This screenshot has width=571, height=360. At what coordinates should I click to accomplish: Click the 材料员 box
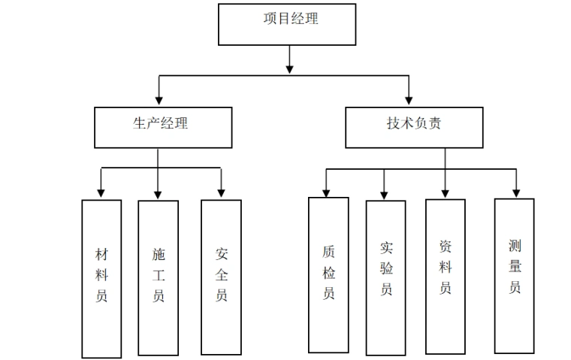(101, 278)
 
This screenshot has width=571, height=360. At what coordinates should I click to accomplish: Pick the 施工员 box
(159, 277)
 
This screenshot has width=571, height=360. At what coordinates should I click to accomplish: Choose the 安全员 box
(221, 277)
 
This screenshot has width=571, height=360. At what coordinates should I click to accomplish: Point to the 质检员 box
(328, 274)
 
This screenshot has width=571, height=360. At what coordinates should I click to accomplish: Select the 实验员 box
(385, 277)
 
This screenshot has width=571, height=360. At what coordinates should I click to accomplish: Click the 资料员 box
(445, 277)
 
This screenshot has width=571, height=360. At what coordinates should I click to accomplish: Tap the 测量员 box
(514, 275)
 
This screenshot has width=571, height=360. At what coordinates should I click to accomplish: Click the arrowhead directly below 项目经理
(289, 69)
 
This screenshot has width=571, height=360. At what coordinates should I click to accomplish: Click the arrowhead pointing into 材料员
(101, 193)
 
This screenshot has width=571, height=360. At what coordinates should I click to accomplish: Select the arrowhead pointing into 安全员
(221, 193)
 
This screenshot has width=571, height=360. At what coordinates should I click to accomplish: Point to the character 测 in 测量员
(515, 246)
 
